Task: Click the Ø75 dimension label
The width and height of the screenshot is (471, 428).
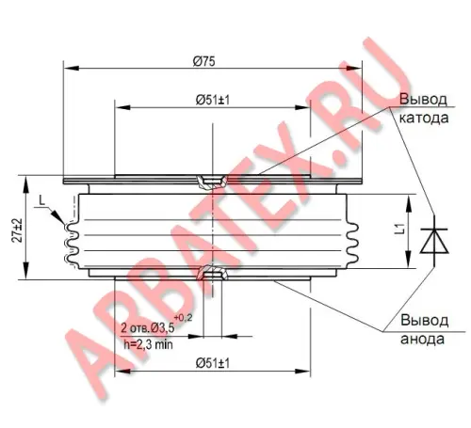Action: (204, 61)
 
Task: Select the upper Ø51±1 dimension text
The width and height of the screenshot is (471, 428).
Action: (213, 100)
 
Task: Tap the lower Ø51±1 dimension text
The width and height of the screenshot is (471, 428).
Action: (213, 363)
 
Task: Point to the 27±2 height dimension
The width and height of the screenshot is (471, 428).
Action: (18, 230)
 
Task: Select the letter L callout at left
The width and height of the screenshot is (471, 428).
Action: (42, 200)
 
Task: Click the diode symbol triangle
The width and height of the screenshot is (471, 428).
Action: (434, 241)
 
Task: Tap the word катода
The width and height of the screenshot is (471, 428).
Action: (424, 119)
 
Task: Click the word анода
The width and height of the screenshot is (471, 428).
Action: (423, 340)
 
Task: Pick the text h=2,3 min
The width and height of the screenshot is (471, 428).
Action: (148, 344)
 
